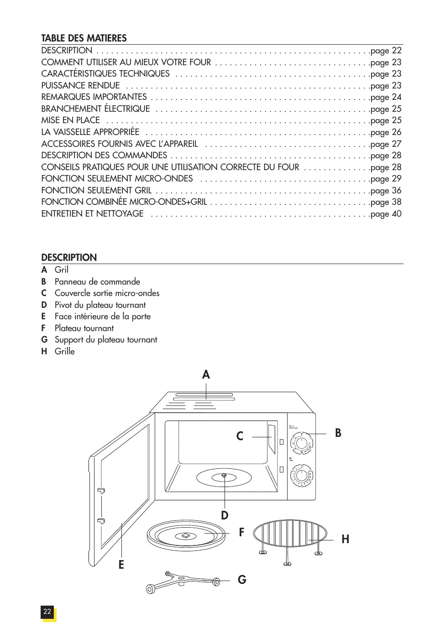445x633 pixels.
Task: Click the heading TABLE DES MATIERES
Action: pos(84,38)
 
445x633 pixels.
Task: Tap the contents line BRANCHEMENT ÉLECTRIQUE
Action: pos(95,109)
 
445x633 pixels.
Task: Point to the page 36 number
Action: pos(396,191)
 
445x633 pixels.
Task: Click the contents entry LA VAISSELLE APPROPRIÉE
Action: pos(90,132)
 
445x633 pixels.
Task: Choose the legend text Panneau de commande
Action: pos(97,282)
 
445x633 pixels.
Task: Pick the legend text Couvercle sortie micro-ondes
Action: pos(107,293)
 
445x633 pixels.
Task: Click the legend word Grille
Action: pos(64,352)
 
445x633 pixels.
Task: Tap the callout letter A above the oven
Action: pos(206,375)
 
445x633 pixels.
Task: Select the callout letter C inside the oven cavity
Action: pos(240,436)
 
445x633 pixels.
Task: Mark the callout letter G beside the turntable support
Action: pos(242,580)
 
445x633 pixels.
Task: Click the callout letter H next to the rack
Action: pos(345,540)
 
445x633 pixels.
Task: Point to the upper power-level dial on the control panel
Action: pos(301,443)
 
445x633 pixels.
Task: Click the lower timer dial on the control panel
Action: pos(302,475)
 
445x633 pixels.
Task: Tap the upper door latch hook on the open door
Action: pos(101,491)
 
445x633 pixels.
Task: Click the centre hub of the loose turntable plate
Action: pos(186,535)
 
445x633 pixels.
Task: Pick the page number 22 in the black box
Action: pos(47,612)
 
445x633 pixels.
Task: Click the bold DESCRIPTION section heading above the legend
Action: pos(69,258)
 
